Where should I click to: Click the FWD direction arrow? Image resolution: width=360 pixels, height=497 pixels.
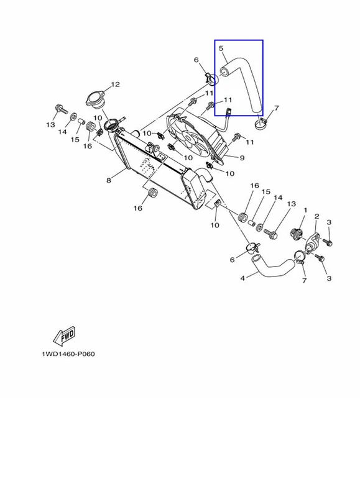tap(65, 335)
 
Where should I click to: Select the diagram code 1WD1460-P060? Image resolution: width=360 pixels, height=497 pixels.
tap(68, 353)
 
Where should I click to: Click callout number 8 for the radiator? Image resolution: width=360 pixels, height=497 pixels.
tap(109, 180)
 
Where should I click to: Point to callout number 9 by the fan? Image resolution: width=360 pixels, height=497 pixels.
tap(242, 158)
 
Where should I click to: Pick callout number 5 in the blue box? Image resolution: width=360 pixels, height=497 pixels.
tap(221, 48)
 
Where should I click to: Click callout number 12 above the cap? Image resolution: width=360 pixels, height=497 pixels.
tap(115, 84)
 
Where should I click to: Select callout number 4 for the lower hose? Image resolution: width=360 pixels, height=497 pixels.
tap(242, 278)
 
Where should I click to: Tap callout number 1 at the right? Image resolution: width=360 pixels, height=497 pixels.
tap(305, 210)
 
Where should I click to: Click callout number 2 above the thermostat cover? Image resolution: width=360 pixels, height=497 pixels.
tap(316, 216)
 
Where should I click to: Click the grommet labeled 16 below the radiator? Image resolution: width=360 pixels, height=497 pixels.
tap(152, 193)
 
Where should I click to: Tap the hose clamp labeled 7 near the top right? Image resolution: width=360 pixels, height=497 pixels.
tap(261, 124)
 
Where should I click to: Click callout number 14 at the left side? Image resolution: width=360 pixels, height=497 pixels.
tap(62, 131)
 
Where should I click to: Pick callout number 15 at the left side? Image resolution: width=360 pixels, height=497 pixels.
tap(75, 139)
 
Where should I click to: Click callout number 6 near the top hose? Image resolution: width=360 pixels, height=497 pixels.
tap(196, 60)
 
